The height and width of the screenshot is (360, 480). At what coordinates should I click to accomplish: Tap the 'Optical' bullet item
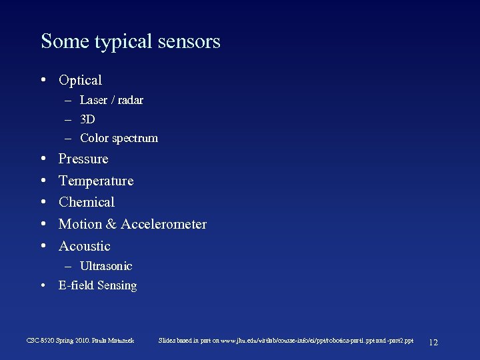[x=80, y=80]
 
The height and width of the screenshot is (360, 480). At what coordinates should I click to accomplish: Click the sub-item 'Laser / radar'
[x=111, y=100]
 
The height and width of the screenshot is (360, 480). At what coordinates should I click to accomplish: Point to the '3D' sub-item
[x=87, y=119]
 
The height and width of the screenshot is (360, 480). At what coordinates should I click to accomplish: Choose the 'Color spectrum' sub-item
[x=119, y=139]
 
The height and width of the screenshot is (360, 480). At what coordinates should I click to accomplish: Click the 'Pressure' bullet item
[x=83, y=159]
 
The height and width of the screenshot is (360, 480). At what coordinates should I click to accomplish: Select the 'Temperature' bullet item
[x=96, y=181]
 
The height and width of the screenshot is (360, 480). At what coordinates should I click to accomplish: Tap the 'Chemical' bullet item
[x=87, y=202]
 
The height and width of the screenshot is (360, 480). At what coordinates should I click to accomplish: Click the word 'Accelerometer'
[x=163, y=224]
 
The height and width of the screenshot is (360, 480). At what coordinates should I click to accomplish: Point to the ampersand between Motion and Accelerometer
[x=110, y=224]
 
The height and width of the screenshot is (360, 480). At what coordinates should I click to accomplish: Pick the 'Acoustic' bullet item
[x=85, y=246]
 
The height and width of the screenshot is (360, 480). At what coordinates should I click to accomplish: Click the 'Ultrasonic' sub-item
[x=106, y=266]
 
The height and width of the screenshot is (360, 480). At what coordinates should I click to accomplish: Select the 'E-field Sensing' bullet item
[x=97, y=285]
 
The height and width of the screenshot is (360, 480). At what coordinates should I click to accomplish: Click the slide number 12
[x=433, y=342]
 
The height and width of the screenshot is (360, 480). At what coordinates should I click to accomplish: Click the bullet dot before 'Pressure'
[x=43, y=159]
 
